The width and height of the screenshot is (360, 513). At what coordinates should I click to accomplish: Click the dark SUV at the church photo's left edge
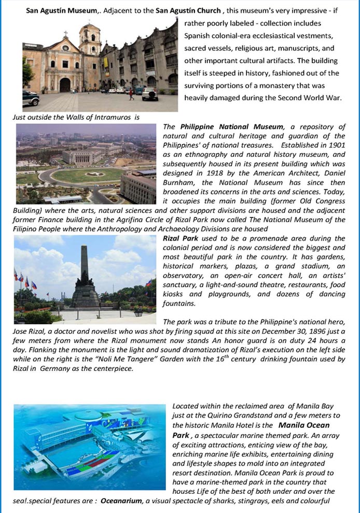(30, 97)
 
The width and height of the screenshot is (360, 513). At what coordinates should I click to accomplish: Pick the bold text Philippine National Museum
(232, 127)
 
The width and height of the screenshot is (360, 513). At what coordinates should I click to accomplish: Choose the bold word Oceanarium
(122, 501)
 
